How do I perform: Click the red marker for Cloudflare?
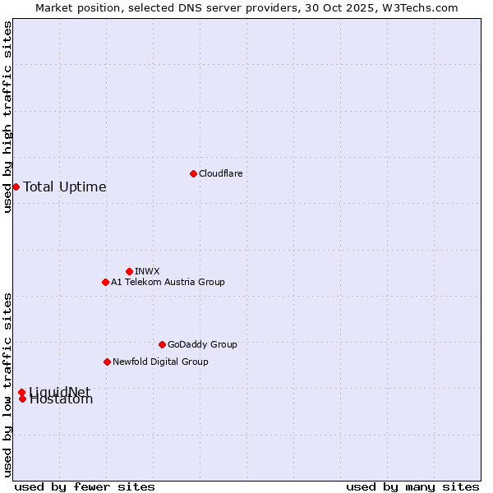(x=193, y=173)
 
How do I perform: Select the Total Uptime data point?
(x=16, y=187)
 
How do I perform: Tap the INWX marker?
(x=129, y=271)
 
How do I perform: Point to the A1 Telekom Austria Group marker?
(x=105, y=282)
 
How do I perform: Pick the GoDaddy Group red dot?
(x=162, y=344)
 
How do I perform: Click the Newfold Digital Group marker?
(x=107, y=362)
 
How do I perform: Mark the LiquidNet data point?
(x=21, y=392)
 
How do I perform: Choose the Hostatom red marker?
(x=22, y=399)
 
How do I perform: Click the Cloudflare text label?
(x=220, y=173)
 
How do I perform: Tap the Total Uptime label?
(x=65, y=187)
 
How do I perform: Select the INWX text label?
(x=147, y=271)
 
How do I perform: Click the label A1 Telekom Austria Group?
(x=168, y=282)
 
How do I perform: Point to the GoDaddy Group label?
(x=202, y=344)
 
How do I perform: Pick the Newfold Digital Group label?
(x=160, y=362)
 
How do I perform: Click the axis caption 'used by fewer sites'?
(x=85, y=486)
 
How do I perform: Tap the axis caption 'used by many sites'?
(x=412, y=486)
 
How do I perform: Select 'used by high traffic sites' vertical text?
(x=7, y=117)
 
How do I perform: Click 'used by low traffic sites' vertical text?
(x=7, y=384)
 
